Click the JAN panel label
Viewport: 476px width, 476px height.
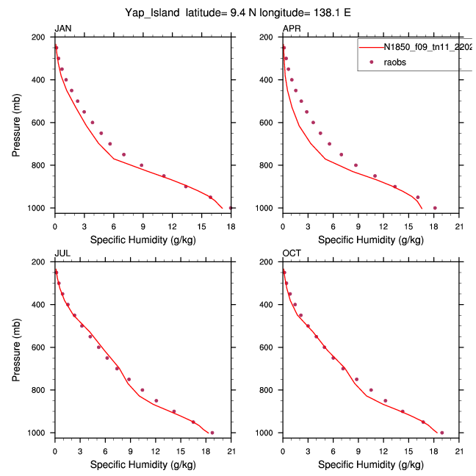coord(62,29)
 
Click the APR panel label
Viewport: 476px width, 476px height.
coord(291,29)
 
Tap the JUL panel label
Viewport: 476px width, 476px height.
coord(62,253)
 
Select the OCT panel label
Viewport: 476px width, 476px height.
coord(291,253)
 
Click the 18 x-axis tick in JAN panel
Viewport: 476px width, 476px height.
coord(231,218)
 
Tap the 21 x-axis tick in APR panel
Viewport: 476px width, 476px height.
coord(458,218)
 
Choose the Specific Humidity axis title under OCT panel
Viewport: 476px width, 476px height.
coord(370,464)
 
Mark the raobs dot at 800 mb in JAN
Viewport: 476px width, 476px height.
coord(142,165)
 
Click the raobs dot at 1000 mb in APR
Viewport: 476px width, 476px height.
coord(435,208)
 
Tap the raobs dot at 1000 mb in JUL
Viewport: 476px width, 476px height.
coord(212,433)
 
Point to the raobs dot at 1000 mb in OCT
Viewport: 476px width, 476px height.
coord(441,433)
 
